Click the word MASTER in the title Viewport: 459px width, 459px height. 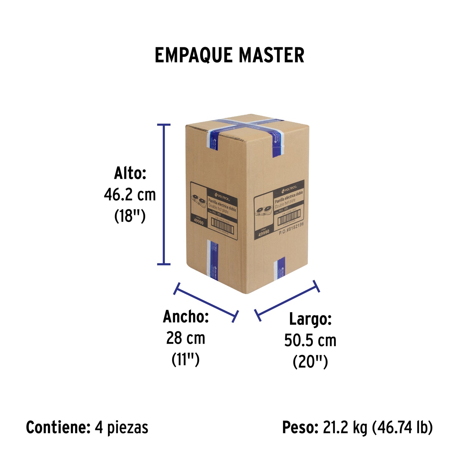coord(272,55)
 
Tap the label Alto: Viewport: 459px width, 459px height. coord(130,173)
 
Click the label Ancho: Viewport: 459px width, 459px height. coord(186,317)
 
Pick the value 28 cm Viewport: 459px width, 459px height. coord(186,338)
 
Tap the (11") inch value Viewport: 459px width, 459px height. coord(186,360)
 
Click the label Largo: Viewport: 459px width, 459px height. coord(310,319)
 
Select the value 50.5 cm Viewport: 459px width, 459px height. coord(310,340)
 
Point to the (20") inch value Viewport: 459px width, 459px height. coord(310,362)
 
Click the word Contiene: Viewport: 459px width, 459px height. coord(58,427)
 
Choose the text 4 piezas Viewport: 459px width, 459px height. coord(121,427)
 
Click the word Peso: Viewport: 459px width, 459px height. coord(300,427)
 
